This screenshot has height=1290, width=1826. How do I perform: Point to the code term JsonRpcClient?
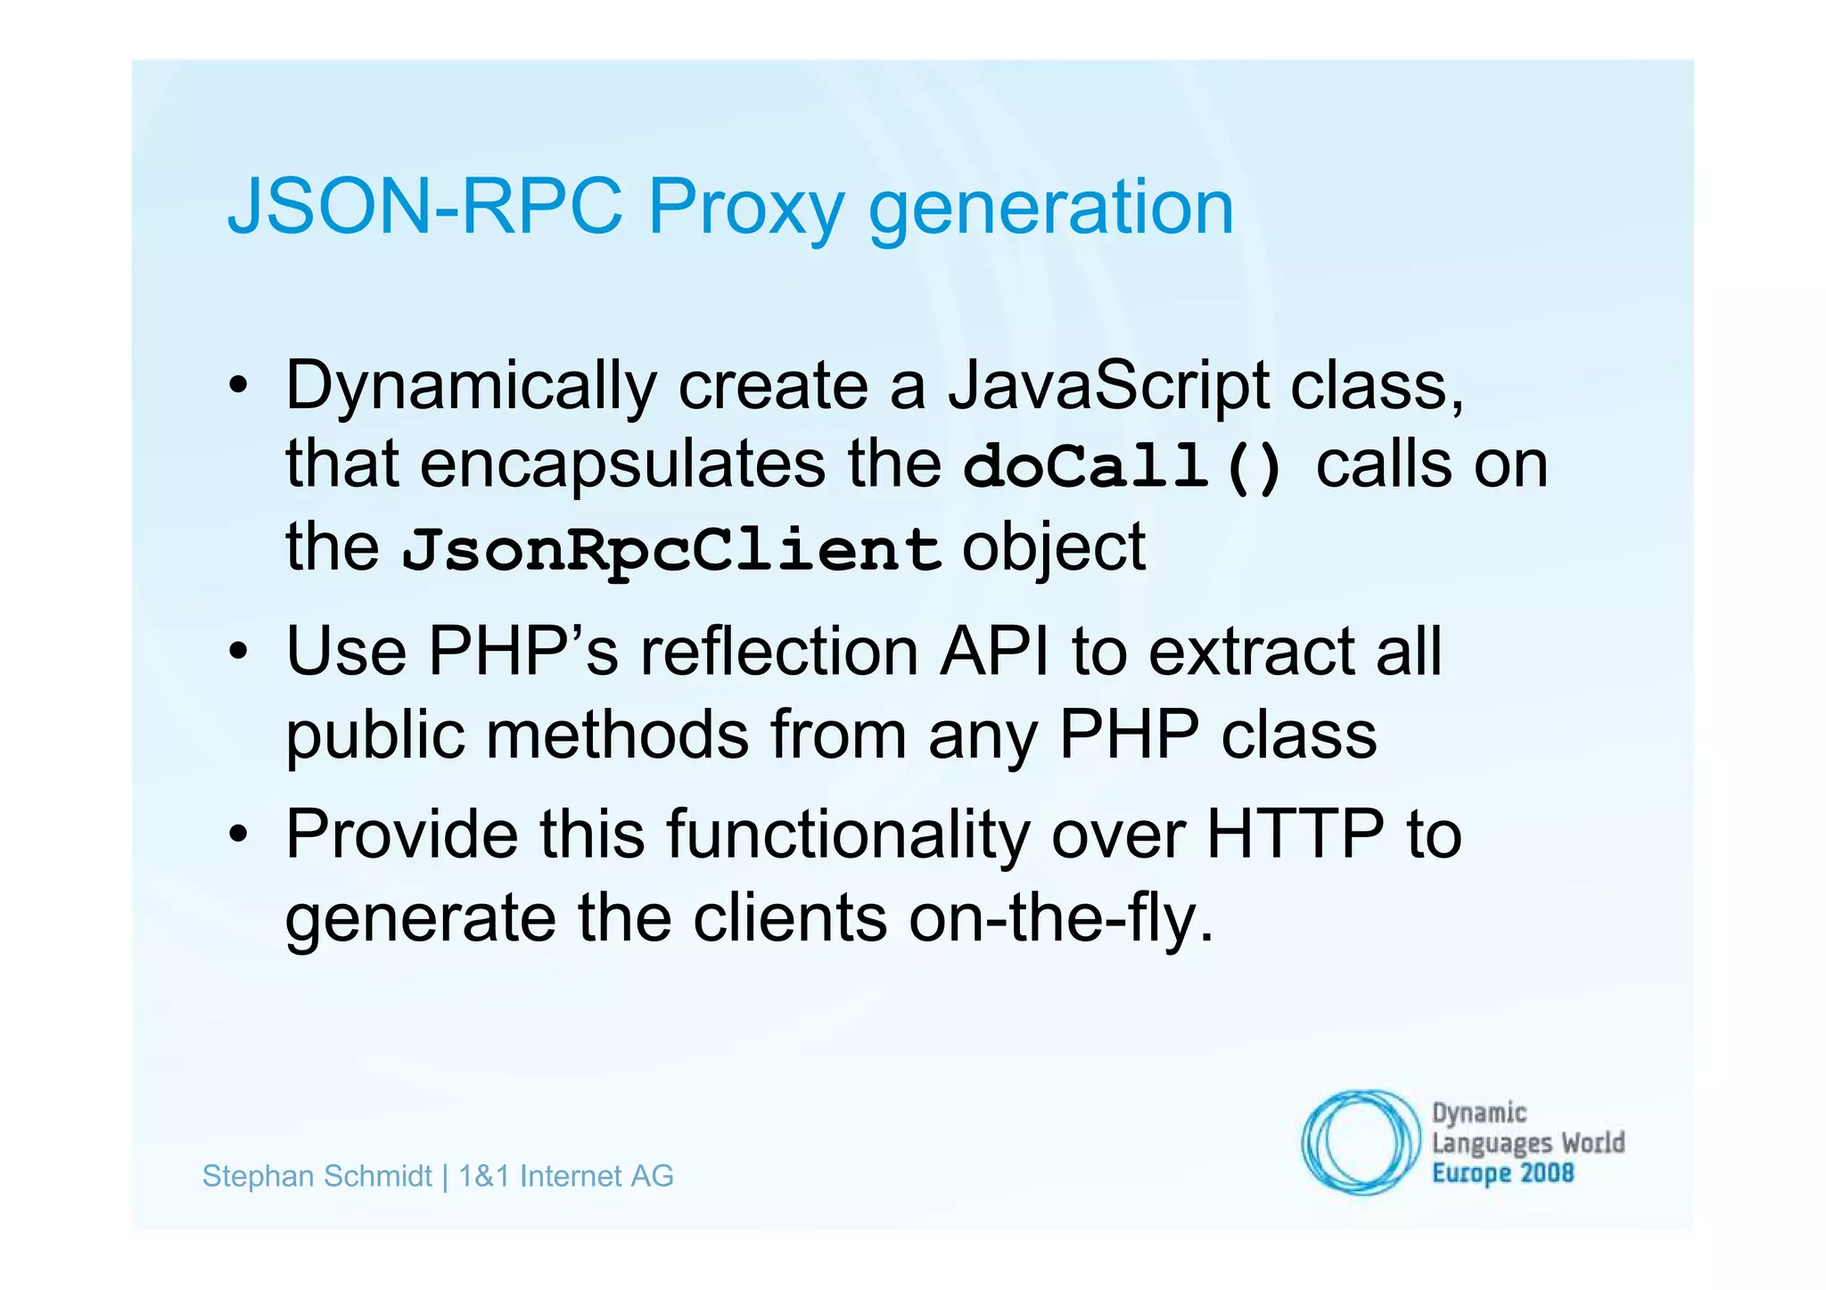click(x=670, y=550)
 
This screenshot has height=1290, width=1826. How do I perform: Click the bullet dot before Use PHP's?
click(x=237, y=653)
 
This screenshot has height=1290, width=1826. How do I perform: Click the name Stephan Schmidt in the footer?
click(x=317, y=1176)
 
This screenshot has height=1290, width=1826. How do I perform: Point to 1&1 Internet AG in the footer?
click(x=565, y=1176)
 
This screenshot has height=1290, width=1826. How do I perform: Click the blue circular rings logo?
click(x=1359, y=1141)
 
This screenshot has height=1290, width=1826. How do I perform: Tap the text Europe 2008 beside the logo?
click(x=1502, y=1173)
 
